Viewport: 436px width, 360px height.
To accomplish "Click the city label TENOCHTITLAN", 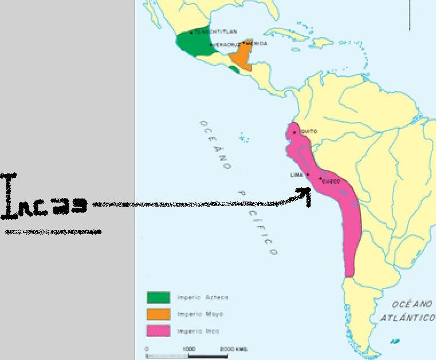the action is [215, 32].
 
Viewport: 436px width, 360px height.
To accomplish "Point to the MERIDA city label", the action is [256, 43].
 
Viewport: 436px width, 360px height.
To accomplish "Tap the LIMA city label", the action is [296, 175].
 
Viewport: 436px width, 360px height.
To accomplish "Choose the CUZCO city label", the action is [332, 181].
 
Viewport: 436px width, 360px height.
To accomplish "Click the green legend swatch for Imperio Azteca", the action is [158, 297].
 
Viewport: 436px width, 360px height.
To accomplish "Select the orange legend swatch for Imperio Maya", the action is [158, 314].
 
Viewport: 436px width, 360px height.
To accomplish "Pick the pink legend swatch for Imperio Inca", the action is [158, 331].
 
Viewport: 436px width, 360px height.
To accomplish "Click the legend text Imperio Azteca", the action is [203, 297].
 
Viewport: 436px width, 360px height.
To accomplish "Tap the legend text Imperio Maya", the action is [200, 314].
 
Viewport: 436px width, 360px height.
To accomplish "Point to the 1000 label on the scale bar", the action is [189, 349].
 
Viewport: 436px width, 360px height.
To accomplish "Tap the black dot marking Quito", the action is [294, 132].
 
